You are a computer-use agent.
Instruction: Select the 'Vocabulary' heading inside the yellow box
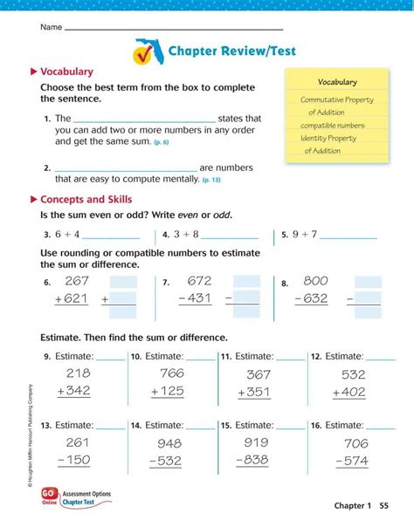[x=337, y=82]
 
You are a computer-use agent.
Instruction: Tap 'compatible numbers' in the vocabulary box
[x=333, y=125]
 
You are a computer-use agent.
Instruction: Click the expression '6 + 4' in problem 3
[x=65, y=235]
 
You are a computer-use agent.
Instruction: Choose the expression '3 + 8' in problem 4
[x=186, y=235]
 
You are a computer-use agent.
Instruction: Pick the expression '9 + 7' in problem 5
[x=305, y=235]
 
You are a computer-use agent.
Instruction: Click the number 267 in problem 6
[x=77, y=281]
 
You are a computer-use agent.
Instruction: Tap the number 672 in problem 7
[x=199, y=281]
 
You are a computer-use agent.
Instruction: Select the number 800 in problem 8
[x=315, y=281]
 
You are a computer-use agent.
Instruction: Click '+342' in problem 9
[x=73, y=392]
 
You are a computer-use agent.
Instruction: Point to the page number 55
[x=384, y=506]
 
